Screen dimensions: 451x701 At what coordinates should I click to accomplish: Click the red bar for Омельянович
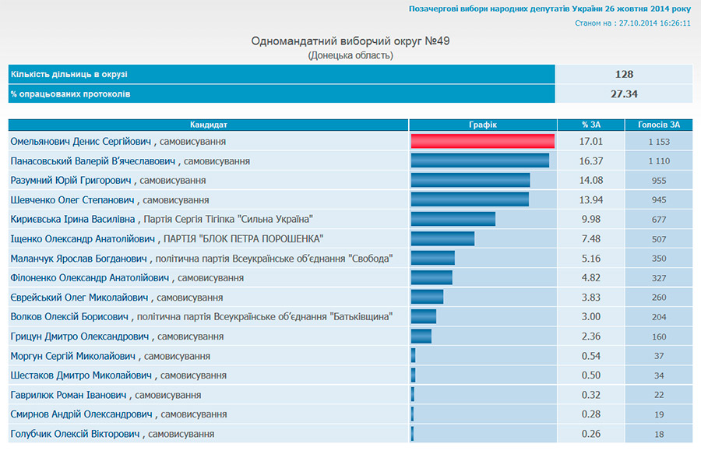click(482, 141)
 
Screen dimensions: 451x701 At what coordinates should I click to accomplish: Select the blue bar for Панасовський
click(480, 160)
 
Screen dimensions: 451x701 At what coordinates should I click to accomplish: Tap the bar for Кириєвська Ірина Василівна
click(453, 219)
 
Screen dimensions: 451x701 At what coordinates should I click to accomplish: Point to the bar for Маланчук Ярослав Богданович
click(432, 258)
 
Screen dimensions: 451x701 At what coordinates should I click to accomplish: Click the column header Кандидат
click(209, 125)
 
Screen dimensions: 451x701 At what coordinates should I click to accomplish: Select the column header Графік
click(483, 125)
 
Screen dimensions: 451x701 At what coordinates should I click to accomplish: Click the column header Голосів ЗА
click(658, 125)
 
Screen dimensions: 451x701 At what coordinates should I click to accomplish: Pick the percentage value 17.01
click(591, 142)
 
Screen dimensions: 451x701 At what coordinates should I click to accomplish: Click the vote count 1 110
click(658, 161)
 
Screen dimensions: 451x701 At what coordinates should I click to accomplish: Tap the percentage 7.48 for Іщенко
click(591, 239)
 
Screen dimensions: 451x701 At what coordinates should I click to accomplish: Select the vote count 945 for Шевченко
click(658, 200)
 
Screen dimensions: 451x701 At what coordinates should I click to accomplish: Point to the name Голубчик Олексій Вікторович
click(75, 433)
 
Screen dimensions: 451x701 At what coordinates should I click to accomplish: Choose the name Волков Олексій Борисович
click(69, 316)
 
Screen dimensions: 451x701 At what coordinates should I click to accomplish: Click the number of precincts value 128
click(623, 75)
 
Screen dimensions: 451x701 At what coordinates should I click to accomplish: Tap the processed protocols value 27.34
click(623, 93)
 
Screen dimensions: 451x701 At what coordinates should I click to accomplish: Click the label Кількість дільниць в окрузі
click(69, 75)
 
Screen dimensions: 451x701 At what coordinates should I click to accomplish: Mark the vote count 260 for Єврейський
click(658, 298)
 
